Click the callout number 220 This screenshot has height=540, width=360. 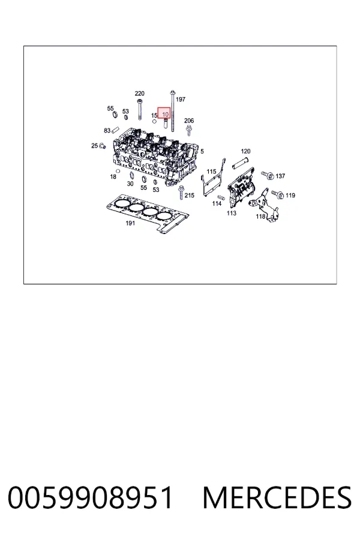pyautogui.click(x=140, y=94)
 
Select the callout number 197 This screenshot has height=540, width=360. pyautogui.click(x=181, y=99)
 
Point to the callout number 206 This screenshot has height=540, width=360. pyautogui.click(x=189, y=121)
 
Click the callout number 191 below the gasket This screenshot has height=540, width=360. pyautogui.click(x=130, y=223)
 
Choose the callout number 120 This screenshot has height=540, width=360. pyautogui.click(x=245, y=151)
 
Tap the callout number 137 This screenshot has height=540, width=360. pyautogui.click(x=280, y=176)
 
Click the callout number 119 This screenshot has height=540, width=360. pyautogui.click(x=290, y=195)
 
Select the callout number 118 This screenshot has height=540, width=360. pyautogui.click(x=260, y=216)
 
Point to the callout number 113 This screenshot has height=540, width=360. pyautogui.click(x=232, y=213)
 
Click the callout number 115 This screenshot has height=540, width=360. pyautogui.click(x=212, y=172)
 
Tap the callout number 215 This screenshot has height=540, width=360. pyautogui.click(x=190, y=195)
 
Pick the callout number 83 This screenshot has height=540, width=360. pyautogui.click(x=107, y=131)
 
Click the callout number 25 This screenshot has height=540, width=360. pyautogui.click(x=94, y=146)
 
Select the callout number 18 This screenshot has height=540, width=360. pyautogui.click(x=113, y=176)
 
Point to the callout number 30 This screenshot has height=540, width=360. pyautogui.click(x=130, y=184)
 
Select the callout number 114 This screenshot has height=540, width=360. pyautogui.click(x=217, y=203)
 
